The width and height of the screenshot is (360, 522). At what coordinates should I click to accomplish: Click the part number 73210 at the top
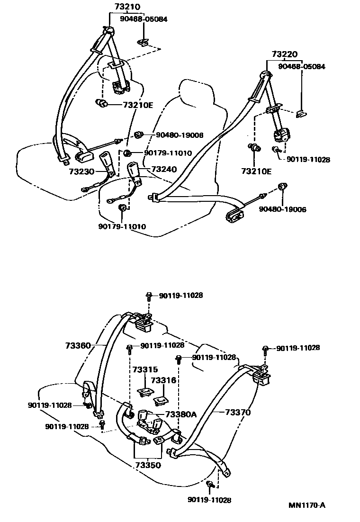pyautogui.click(x=124, y=7)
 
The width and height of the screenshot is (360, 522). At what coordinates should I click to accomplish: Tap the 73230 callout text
pyautogui.click(x=81, y=172)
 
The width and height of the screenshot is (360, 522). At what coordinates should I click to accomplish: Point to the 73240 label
pyautogui.click(x=163, y=169)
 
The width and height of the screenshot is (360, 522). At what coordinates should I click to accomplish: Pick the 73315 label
pyautogui.click(x=144, y=369)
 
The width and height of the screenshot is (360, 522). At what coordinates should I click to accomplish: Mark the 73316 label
pyautogui.click(x=163, y=380)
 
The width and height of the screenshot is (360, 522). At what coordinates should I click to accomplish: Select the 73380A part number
pyautogui.click(x=180, y=414)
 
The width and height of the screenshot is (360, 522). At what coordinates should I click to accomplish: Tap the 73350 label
pyautogui.click(x=148, y=465)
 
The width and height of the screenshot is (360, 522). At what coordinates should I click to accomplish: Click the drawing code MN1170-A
pyautogui.click(x=307, y=505)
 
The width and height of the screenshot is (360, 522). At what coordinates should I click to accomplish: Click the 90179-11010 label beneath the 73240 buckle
pyautogui.click(x=122, y=226)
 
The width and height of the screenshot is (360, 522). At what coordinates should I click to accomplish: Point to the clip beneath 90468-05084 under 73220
pyautogui.click(x=300, y=114)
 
